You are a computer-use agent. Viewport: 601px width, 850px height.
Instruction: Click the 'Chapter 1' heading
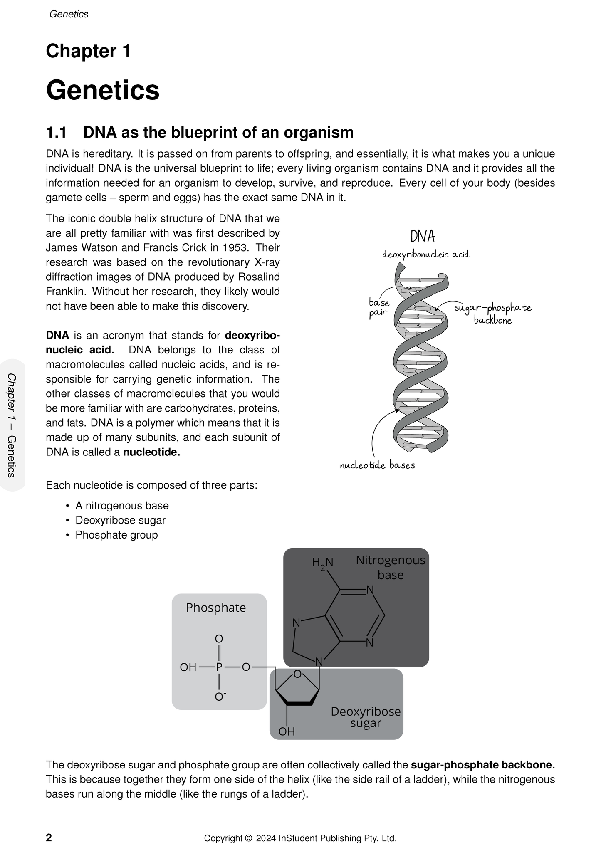pos(88,52)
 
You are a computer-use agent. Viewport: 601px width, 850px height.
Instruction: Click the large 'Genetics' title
pos(103,90)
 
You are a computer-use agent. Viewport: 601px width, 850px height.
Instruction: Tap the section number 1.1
pos(56,133)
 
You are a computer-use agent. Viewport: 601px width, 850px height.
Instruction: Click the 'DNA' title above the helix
pos(423,237)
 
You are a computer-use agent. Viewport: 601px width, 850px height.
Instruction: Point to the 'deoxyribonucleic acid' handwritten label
pos(425,254)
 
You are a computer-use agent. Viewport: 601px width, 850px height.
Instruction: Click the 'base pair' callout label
pos(378,308)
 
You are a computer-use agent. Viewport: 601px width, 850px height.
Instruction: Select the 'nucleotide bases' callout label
pos(377,465)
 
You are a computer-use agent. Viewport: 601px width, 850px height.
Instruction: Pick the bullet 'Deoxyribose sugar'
pos(120,520)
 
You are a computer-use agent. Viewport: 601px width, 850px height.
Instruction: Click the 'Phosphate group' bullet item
pos(116,535)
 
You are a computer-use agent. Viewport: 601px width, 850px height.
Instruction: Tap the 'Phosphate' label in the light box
pos(216,608)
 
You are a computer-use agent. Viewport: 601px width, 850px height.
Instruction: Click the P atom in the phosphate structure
pos(219,667)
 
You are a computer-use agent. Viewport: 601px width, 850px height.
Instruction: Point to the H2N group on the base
pos(323,563)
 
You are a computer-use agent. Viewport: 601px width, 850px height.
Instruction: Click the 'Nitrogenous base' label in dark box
pos(390,568)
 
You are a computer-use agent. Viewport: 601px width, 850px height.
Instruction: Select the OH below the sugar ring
pos(287,731)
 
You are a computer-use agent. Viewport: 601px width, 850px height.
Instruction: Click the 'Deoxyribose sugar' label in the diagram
pos(365,717)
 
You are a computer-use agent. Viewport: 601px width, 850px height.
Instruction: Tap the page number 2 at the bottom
pos(49,838)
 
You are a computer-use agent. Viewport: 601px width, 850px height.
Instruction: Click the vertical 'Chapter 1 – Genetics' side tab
pos(12,425)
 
